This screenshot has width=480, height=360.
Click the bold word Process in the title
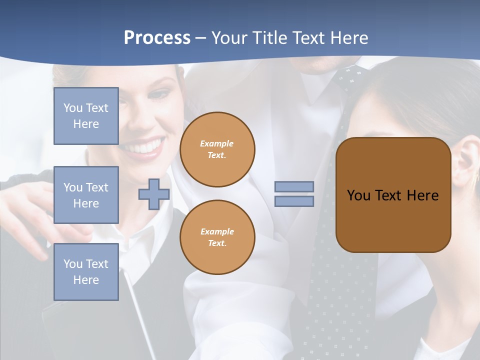tap(157, 38)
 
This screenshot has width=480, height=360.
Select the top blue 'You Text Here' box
tap(86, 116)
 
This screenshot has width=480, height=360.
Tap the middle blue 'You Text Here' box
tap(86, 195)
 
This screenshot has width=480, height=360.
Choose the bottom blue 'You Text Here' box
tap(86, 272)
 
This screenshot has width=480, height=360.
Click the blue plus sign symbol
tap(154, 194)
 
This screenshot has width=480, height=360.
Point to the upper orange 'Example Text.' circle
tap(217, 149)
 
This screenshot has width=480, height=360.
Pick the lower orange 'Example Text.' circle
tap(217, 237)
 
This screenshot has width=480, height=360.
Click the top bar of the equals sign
tap(294, 186)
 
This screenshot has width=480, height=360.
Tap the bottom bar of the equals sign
tap(294, 201)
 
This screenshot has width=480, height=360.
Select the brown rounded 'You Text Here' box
tap(393, 195)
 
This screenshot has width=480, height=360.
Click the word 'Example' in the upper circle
tap(217, 143)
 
